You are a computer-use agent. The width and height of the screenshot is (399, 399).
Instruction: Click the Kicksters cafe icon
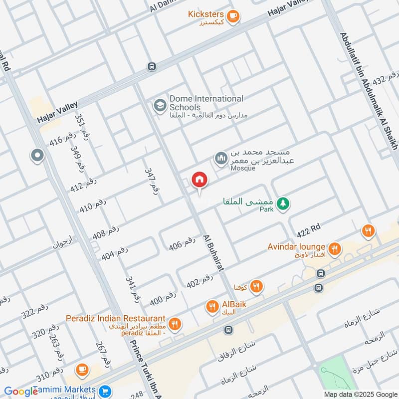click(x=233, y=16)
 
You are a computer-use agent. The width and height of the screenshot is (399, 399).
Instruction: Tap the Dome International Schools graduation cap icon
click(x=160, y=105)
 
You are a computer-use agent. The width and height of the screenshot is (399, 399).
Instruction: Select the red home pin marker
click(x=199, y=181)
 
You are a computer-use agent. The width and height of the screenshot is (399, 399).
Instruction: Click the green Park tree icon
click(x=283, y=203)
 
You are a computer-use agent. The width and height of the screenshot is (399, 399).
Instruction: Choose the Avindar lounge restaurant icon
click(x=335, y=247)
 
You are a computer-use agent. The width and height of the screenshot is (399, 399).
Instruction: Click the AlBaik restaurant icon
click(x=212, y=306)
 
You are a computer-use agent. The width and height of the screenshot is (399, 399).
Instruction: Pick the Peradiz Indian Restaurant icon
click(x=175, y=324)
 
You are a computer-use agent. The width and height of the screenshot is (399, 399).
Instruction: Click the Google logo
click(x=21, y=392)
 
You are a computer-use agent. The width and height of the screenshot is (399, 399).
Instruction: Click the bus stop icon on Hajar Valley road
click(x=152, y=66)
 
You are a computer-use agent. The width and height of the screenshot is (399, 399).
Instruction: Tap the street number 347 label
click(x=152, y=181)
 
